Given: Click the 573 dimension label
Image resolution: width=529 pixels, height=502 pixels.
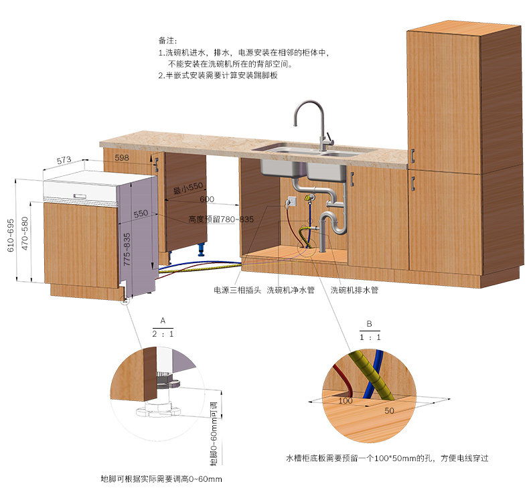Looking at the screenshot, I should coord(64,161).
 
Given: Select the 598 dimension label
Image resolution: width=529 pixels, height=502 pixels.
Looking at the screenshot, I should coord(121,158).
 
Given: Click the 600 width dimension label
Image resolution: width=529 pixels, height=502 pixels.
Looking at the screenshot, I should coord(207,199).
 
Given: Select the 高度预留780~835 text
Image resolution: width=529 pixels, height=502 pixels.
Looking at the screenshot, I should coord(221,220).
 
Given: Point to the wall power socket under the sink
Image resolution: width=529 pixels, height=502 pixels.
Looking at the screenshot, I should coord(291,201).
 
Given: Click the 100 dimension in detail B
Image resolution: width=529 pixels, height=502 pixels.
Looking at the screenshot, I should coord(345,400).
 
